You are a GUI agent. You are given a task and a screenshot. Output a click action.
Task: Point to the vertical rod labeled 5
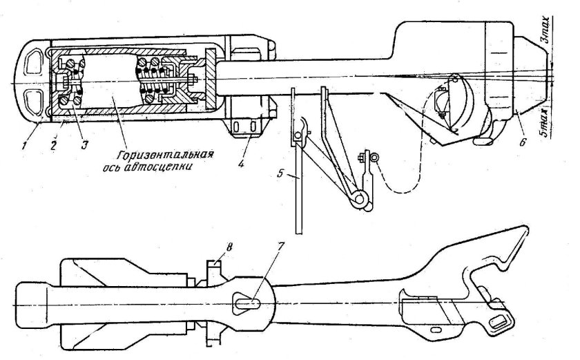(295, 193)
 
